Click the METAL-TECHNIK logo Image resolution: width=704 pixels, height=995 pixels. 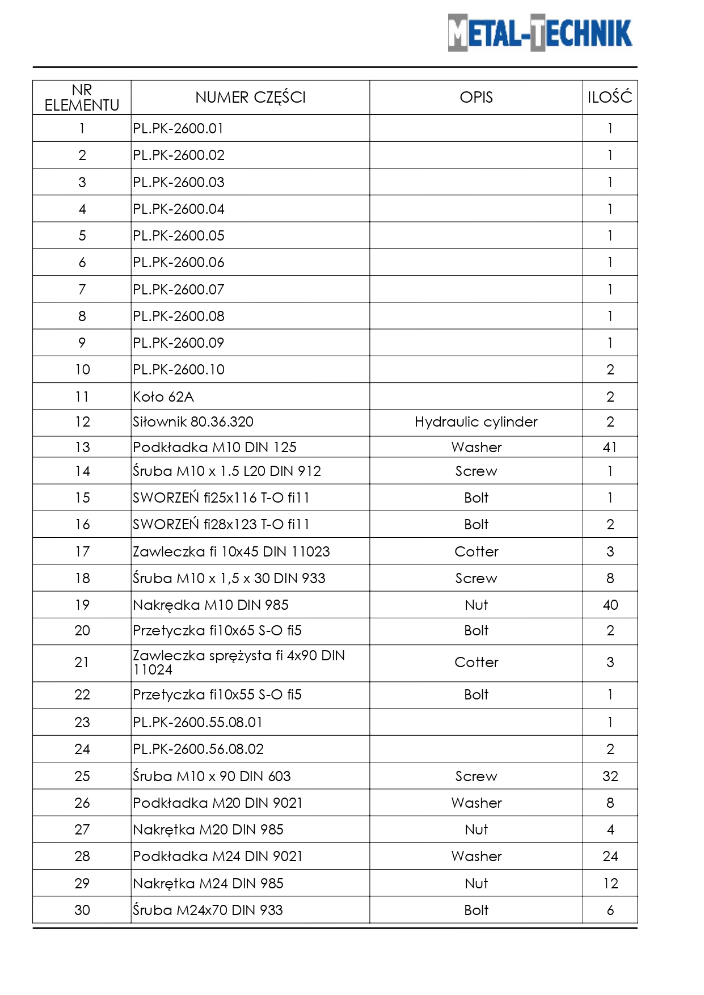[x=539, y=33]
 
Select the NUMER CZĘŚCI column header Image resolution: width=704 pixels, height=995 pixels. [x=250, y=98]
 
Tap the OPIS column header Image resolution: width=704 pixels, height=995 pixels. [x=476, y=98]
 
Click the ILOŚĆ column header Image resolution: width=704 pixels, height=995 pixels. [x=610, y=98]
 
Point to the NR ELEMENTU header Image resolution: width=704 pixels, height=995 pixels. [x=82, y=98]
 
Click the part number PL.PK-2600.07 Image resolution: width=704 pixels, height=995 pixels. [x=179, y=289]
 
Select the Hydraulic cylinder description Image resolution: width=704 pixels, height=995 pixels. [x=476, y=422]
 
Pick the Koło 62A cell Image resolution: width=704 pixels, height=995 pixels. [x=163, y=397]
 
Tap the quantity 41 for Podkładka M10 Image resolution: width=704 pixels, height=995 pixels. [x=610, y=447]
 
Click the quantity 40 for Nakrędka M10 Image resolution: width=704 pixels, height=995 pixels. [x=610, y=605]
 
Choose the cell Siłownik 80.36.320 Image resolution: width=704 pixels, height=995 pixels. [x=193, y=422]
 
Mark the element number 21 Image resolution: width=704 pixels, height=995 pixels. [x=82, y=662]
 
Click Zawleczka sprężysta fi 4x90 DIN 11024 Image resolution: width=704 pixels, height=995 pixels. [x=238, y=662]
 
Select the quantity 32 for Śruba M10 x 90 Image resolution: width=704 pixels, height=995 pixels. [x=610, y=776]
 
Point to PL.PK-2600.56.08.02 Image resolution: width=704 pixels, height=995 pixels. [x=198, y=749]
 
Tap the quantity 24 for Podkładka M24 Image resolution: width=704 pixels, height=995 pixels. [x=610, y=856]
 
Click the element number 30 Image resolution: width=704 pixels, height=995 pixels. [x=82, y=910]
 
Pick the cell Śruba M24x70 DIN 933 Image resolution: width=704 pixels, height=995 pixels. [x=208, y=910]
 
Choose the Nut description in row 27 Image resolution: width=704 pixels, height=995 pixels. [x=476, y=829]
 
